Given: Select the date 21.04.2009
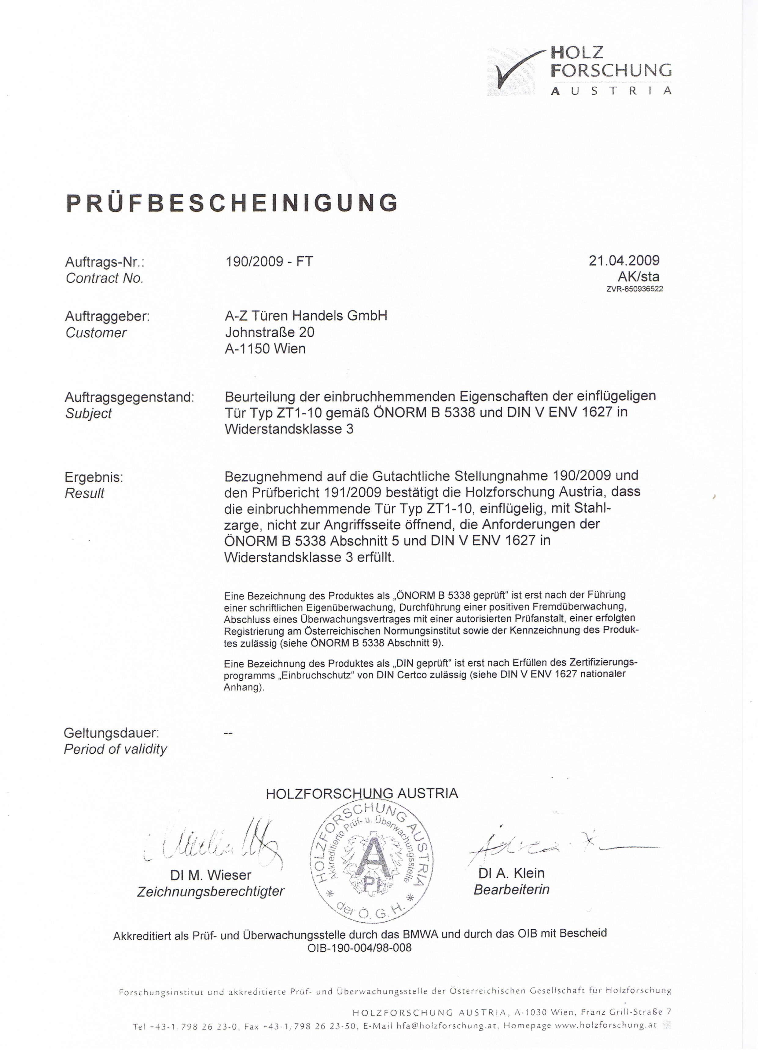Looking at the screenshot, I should pos(624,260).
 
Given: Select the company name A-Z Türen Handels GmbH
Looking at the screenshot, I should pos(306,316).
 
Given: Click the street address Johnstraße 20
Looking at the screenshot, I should pos(269,332).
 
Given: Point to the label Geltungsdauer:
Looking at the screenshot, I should pos(111,733).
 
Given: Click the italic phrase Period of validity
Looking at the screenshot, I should pos(115,749).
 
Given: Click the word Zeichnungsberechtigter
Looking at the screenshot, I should pos(210,892).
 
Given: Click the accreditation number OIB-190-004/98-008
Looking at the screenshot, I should pos(359,948).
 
